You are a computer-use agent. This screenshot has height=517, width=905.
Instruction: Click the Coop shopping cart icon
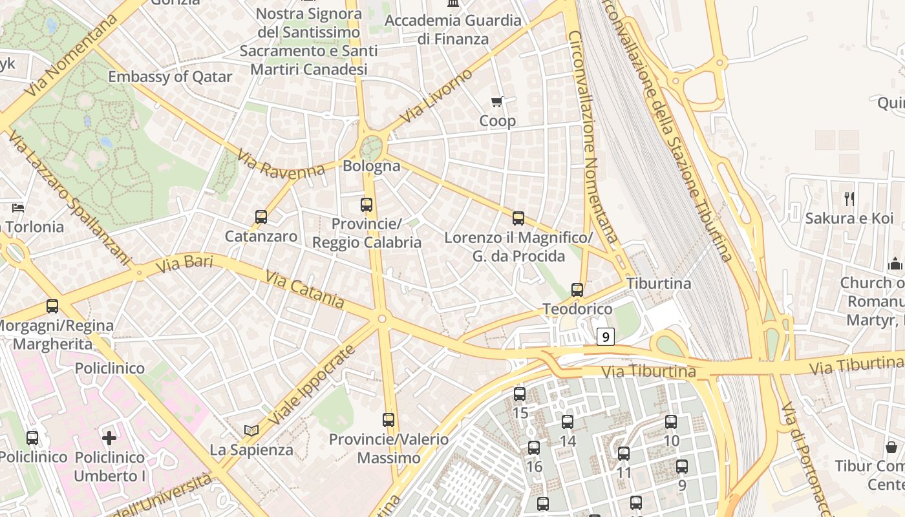coord(496,101)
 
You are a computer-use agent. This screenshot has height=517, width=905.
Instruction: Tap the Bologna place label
coord(371,166)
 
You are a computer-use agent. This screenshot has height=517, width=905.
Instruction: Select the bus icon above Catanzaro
coord(261,217)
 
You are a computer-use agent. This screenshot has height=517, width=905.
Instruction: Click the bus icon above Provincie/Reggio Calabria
coord(367,205)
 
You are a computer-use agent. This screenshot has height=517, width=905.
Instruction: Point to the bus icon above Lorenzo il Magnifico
coord(518,218)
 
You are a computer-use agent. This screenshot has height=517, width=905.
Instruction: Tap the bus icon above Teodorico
coord(577,290)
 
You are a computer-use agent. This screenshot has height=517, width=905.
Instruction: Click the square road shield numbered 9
coord(605,336)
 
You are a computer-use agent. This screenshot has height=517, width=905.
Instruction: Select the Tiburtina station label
coord(659,284)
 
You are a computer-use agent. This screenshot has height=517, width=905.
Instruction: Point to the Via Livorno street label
coord(436,97)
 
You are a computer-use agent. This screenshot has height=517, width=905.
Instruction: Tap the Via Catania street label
coord(305,289)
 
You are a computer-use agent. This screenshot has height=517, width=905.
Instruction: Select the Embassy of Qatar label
coord(170,77)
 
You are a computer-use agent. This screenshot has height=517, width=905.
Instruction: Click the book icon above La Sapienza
coord(251,430)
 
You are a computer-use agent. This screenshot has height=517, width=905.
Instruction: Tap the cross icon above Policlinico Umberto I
coord(109,438)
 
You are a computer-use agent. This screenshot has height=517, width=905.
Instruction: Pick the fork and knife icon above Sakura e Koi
coord(849,199)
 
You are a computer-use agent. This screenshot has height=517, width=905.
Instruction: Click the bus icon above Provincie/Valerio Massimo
coord(389,420)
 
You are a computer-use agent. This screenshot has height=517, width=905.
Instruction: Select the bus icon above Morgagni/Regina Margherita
coord(52,306)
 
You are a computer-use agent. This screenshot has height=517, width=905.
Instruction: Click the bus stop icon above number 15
coord(520,394)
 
